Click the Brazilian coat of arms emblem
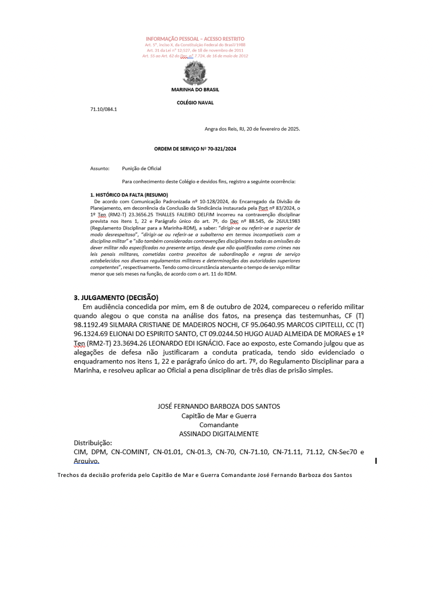click(x=195, y=74)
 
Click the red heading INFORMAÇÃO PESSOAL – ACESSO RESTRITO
click(x=195, y=38)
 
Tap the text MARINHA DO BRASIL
click(x=195, y=89)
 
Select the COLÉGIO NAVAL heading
click(x=195, y=103)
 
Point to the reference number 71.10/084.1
click(x=104, y=110)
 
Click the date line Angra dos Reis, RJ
click(x=252, y=128)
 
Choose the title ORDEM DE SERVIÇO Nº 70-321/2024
click(x=195, y=148)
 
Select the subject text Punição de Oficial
click(x=142, y=168)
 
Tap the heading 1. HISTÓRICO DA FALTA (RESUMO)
click(x=129, y=195)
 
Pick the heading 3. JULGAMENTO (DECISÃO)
click(x=116, y=297)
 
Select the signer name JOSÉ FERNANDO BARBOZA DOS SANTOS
click(x=218, y=406)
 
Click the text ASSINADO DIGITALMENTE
click(x=218, y=433)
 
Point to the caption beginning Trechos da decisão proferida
click(x=205, y=475)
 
